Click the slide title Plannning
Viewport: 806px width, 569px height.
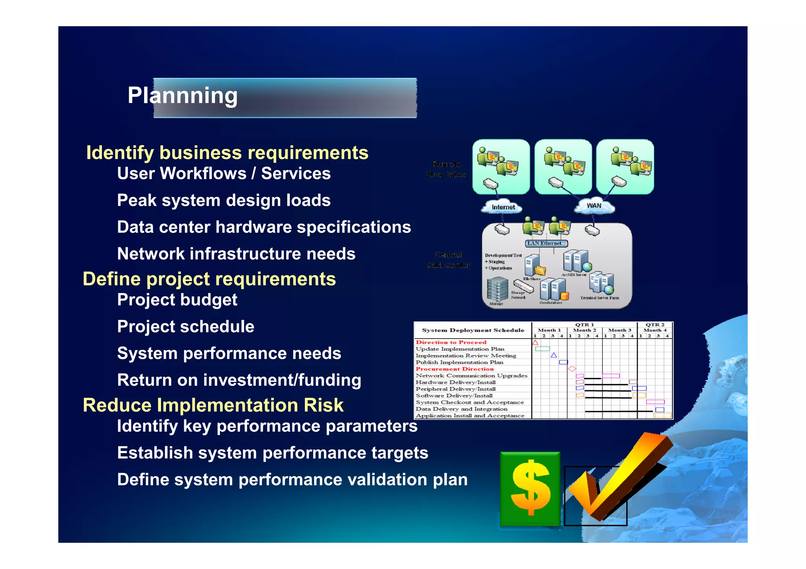[x=183, y=96]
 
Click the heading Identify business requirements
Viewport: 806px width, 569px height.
[x=227, y=153]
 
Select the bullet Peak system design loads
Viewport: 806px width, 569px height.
[x=224, y=200]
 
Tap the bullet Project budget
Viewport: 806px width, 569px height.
[x=177, y=300]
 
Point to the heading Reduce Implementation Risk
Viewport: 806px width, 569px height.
[x=213, y=405]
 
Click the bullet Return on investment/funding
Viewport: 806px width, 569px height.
[x=239, y=380]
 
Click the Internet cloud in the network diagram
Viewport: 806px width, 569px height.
[x=503, y=207]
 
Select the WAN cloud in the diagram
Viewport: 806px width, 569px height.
[x=594, y=206]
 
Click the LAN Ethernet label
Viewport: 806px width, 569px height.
[x=545, y=243]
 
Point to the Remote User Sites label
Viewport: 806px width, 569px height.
[x=446, y=169]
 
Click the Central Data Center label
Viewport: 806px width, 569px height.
[x=448, y=260]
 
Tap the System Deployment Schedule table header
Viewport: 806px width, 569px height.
[x=473, y=330]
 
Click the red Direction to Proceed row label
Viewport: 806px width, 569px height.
[x=451, y=343]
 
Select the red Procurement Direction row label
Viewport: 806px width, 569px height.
[x=455, y=369]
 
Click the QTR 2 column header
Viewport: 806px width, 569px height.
[x=655, y=325]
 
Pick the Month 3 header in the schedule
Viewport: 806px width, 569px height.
[x=619, y=330]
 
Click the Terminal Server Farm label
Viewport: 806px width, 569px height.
[x=599, y=298]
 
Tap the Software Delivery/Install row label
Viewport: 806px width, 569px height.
[x=454, y=396]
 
